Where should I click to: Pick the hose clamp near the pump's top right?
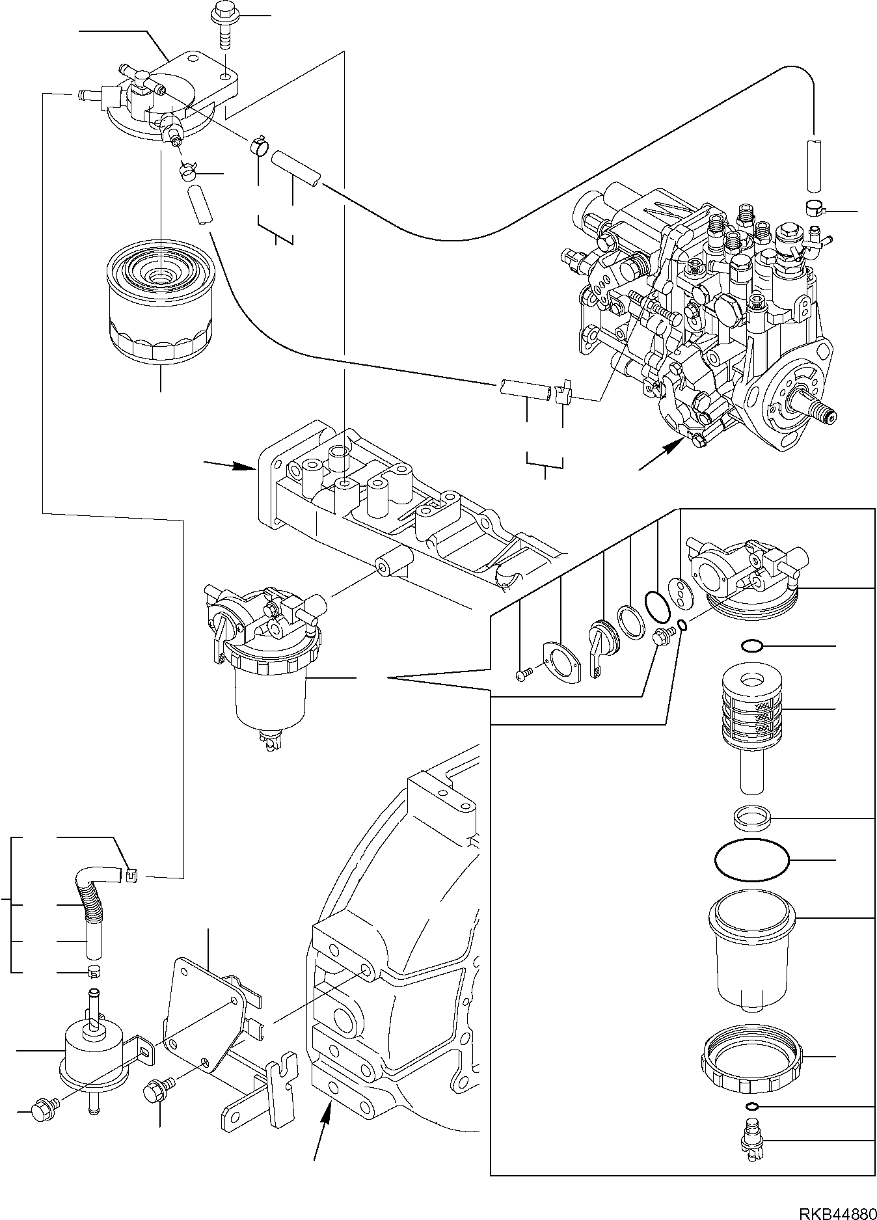815,208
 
